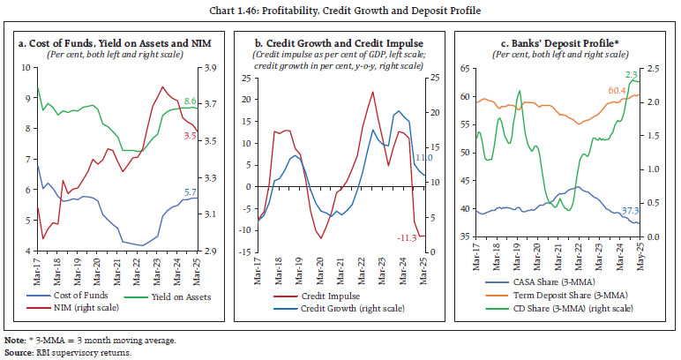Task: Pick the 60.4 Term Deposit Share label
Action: pyautogui.click(x=617, y=90)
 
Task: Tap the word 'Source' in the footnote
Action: pyautogui.click(x=20, y=352)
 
